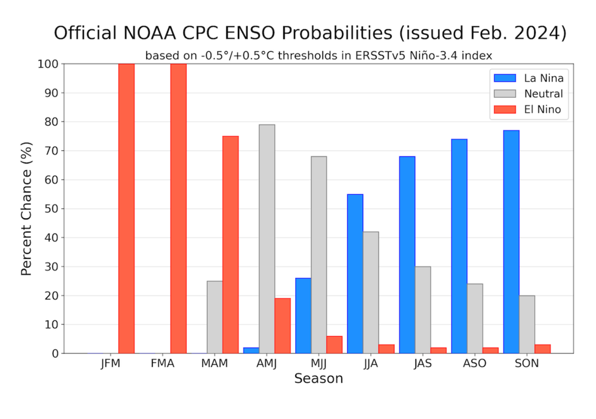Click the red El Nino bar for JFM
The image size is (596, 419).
[x=126, y=208]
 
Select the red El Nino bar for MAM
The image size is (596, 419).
[x=230, y=244]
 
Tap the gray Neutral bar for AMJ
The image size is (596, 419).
[x=267, y=239]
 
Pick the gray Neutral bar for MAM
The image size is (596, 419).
[x=215, y=317]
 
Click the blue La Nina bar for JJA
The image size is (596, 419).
[x=355, y=274]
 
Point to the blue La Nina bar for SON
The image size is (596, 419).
[x=511, y=242]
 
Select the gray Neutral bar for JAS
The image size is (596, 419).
[x=423, y=310]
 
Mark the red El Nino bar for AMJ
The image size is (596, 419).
[x=282, y=326]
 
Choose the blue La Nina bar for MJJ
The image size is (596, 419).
[x=303, y=315]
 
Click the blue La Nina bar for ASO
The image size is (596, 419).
[x=459, y=246]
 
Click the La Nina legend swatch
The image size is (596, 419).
[x=505, y=78]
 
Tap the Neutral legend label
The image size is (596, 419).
[x=544, y=94]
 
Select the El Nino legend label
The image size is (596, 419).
[x=542, y=109]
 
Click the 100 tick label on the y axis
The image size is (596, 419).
[x=48, y=64]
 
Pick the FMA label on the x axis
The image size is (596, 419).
[x=162, y=364]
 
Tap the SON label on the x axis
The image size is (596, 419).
[x=527, y=364]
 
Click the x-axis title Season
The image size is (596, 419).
[x=318, y=378]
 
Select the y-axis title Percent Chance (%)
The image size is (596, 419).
[x=26, y=209]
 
